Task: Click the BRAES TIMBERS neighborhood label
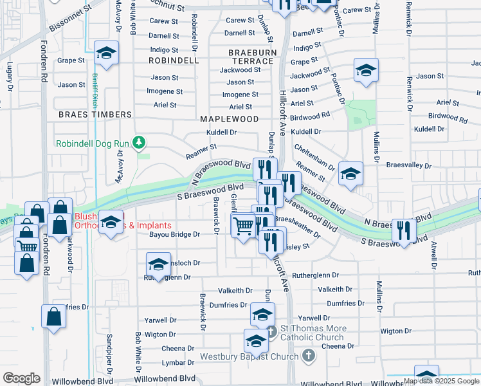tap(95, 115)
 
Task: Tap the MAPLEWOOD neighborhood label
tap(229, 119)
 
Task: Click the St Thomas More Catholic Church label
tap(313, 333)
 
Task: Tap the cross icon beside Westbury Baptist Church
tap(309, 356)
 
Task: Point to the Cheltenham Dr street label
tap(314, 157)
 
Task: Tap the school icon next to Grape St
tap(107, 54)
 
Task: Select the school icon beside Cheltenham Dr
tap(350, 174)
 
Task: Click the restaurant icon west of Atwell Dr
tap(404, 230)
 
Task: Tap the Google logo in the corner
tap(21, 378)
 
